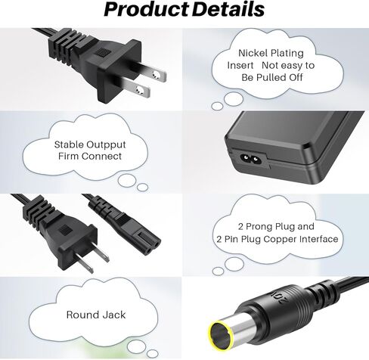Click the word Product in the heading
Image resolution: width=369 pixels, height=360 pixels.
point(146,9)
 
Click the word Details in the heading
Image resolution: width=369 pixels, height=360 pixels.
point(228,9)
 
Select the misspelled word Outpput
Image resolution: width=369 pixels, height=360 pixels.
point(106,145)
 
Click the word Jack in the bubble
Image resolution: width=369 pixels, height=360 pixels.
point(114,315)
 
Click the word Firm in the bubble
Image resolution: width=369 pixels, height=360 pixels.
point(68,157)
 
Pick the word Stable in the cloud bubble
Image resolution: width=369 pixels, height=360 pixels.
point(69,144)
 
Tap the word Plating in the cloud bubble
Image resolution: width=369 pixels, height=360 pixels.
point(287,54)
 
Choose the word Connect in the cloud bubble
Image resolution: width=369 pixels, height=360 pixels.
point(101,157)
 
